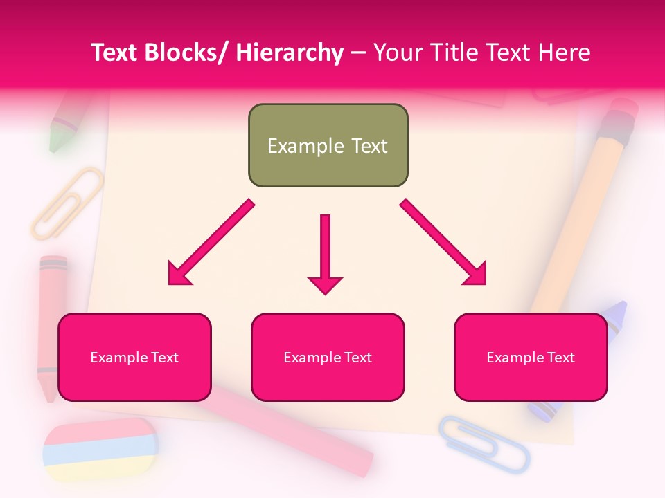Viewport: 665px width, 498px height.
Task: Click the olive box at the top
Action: [328, 145]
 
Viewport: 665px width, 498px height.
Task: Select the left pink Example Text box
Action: [134, 357]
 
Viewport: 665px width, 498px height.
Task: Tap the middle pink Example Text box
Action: [328, 357]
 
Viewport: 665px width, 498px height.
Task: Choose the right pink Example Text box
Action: [531, 357]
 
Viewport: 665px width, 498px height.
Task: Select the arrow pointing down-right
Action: [443, 242]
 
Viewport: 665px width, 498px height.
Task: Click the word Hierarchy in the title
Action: [290, 53]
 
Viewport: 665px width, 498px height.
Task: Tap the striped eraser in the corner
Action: [100, 450]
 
